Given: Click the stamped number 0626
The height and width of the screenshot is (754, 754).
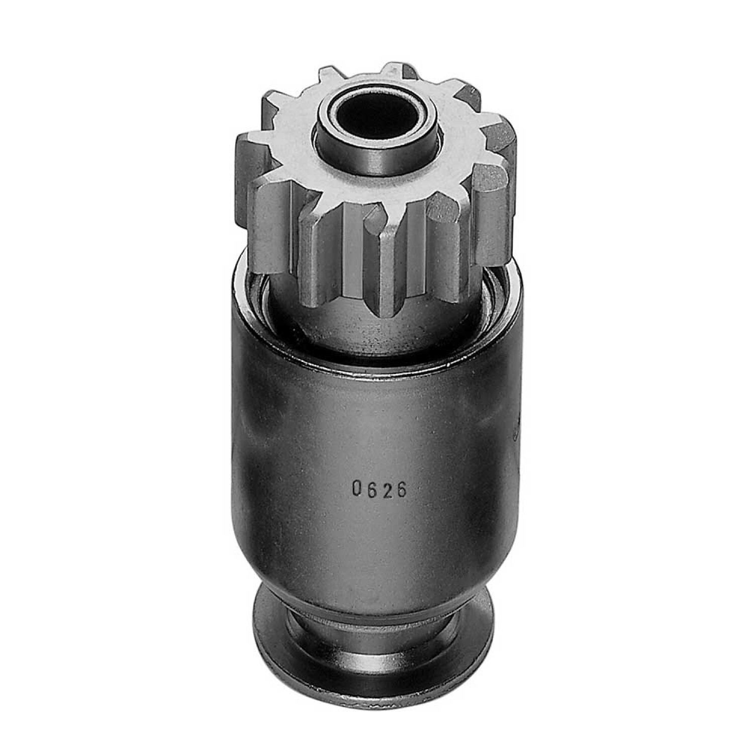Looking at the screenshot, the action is pos(379,489).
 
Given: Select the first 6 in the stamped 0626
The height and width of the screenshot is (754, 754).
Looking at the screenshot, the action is pos(371,489).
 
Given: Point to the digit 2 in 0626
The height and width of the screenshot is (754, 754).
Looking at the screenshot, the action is pos(386,489).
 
